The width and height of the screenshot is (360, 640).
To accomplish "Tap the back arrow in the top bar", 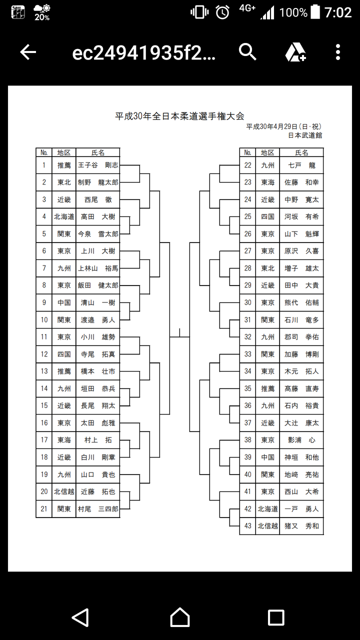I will (x=28, y=52).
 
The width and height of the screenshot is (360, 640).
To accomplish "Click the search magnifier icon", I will (x=247, y=52).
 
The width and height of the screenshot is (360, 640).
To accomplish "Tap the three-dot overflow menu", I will (x=338, y=52).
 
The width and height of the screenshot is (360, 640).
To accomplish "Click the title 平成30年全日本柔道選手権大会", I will (x=180, y=116).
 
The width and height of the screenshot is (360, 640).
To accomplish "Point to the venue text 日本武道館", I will (x=305, y=135).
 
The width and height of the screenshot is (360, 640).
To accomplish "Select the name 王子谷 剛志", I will (x=98, y=165).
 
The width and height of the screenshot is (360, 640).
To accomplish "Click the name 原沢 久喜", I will (x=301, y=251).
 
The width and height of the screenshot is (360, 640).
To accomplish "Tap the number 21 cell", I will (x=44, y=509).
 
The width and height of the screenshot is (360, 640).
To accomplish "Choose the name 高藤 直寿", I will (x=301, y=388).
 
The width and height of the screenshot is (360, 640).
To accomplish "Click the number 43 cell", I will (x=247, y=526).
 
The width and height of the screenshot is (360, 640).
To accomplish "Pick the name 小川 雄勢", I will (x=98, y=337).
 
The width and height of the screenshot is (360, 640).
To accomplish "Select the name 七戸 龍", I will (x=301, y=165).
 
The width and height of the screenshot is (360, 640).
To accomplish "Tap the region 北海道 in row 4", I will (x=64, y=216).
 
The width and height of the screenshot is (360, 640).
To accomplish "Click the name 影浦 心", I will (x=301, y=440).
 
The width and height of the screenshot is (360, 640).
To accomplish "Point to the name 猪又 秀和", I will (x=301, y=526).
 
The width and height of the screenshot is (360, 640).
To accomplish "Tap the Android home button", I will (x=180, y=617).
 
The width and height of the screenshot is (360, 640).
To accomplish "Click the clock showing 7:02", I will (x=338, y=12).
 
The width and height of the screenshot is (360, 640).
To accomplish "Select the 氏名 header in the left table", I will (x=98, y=152).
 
